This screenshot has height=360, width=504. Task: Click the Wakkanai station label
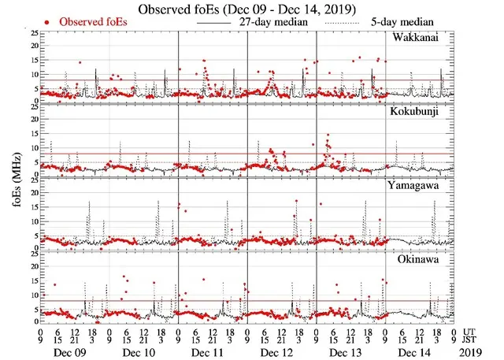(425, 38)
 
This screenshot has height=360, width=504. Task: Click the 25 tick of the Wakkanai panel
(34, 35)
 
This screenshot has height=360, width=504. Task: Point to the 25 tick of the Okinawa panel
(34, 254)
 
